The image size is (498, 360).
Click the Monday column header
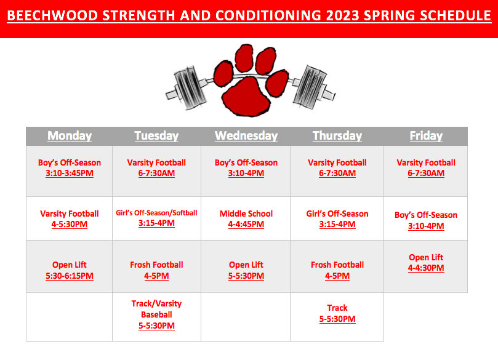pyautogui.click(x=70, y=135)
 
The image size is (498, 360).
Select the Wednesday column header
pyautogui.click(x=246, y=135)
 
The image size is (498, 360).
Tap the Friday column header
pyautogui.click(x=426, y=135)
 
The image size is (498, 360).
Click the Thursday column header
pyautogui.click(x=337, y=135)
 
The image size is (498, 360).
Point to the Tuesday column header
pyautogui.click(x=156, y=135)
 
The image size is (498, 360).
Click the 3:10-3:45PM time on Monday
pyautogui.click(x=70, y=174)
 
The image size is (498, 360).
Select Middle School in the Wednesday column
pyautogui.click(x=246, y=214)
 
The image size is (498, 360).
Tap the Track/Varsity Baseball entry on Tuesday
pyautogui.click(x=156, y=309)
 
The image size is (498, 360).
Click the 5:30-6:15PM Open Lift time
pyautogui.click(x=70, y=276)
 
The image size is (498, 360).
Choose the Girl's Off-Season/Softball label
pyautogui.click(x=156, y=213)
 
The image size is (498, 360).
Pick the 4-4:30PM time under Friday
pyautogui.click(x=426, y=268)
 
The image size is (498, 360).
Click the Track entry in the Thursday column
pyautogui.click(x=337, y=308)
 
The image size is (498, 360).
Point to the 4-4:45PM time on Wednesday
pyautogui.click(x=246, y=225)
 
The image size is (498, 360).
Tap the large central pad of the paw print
pyautogui.click(x=246, y=96)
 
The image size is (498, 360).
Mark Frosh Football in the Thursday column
pyautogui.click(x=337, y=265)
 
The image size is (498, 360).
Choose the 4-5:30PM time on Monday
pyautogui.click(x=70, y=225)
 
